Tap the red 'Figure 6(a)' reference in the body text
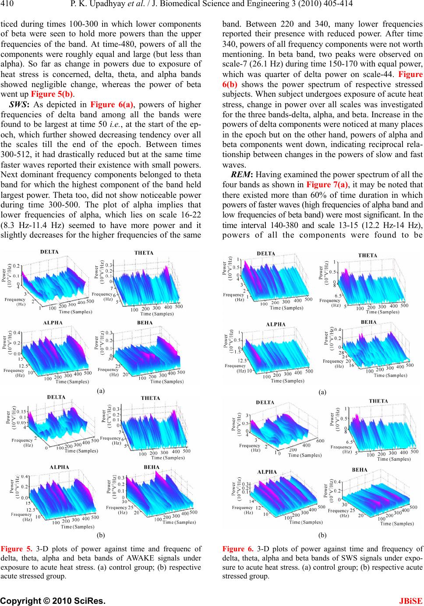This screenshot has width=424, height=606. (112, 105)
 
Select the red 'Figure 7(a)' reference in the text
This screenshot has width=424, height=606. (327, 185)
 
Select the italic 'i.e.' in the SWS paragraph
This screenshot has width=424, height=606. (117, 124)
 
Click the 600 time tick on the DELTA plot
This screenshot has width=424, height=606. (320, 441)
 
